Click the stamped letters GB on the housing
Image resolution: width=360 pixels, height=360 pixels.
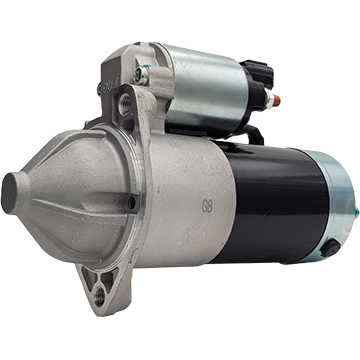tap(207, 208)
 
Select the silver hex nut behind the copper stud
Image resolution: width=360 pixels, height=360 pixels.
tap(264, 96)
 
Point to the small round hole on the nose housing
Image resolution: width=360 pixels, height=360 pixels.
tap(131, 203)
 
